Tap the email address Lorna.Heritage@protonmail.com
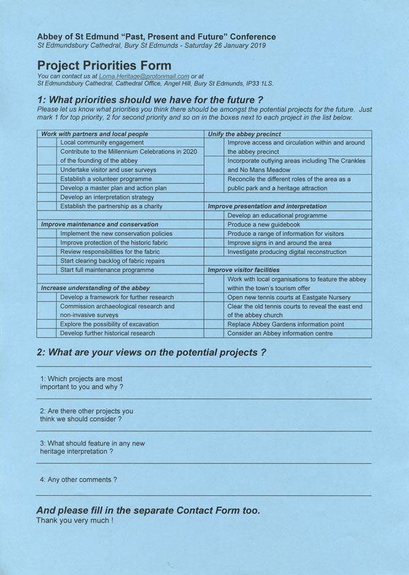[144, 76]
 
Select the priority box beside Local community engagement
[47, 143]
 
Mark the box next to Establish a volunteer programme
[47, 179]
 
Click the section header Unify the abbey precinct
[244, 134]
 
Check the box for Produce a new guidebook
[215, 225]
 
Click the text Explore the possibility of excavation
[109, 324]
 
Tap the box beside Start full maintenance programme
[47, 270]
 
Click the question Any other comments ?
[78, 480]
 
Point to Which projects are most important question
[82, 383]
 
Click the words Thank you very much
[74, 520]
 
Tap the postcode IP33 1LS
[280, 84]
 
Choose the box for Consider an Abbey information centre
[215, 333]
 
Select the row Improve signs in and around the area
[279, 243]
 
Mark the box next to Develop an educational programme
[215, 215]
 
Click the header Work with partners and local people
[94, 134]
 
